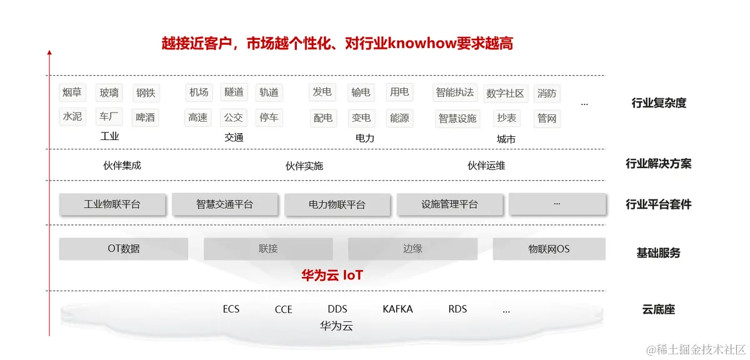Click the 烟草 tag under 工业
[x=72, y=92]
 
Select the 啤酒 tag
[x=145, y=117]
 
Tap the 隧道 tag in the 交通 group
[x=234, y=92]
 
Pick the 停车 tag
[x=269, y=117]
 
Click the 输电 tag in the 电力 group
[x=361, y=92]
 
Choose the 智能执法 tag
[x=455, y=92]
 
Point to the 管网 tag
[x=547, y=118]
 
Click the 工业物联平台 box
[x=112, y=204]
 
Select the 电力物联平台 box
[x=337, y=205]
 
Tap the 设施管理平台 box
[x=449, y=204]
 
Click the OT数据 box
[x=124, y=249]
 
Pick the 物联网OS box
[x=549, y=249]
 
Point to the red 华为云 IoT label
[x=332, y=275]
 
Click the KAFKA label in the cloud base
[x=397, y=309]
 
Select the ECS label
[x=231, y=309]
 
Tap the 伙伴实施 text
[x=304, y=166]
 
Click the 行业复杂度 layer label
[x=659, y=103]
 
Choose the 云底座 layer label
[x=658, y=309]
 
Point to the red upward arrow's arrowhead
[x=49, y=52]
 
